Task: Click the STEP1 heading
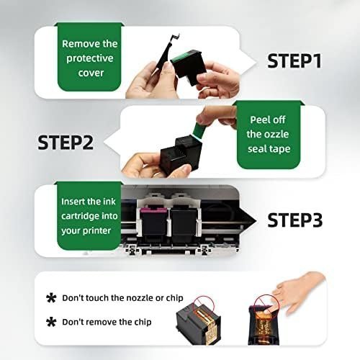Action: (x=294, y=61)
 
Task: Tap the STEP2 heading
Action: (x=66, y=143)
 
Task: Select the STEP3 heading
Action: (x=295, y=220)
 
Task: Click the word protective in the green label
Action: (x=90, y=59)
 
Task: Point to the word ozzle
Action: (x=276, y=134)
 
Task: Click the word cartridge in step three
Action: (x=80, y=216)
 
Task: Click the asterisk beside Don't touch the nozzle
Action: (x=51, y=298)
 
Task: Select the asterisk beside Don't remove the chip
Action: (x=51, y=322)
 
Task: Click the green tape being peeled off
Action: (x=198, y=131)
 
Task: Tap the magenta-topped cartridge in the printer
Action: (x=153, y=222)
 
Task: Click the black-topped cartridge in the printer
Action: (x=183, y=222)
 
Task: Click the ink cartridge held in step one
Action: (x=189, y=67)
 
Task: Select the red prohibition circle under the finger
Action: (x=266, y=305)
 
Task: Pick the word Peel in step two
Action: (x=259, y=120)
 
